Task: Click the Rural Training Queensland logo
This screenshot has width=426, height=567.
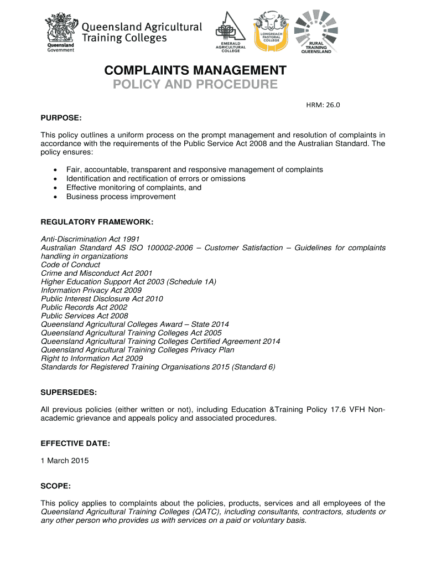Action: pos(316,32)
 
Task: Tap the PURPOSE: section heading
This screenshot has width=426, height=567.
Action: pos(61,118)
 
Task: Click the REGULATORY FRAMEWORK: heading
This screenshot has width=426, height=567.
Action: pos(97,222)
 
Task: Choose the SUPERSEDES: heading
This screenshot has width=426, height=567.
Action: pos(69,393)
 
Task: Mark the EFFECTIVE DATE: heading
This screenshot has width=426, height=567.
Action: pos(75,444)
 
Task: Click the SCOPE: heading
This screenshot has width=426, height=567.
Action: pos(55,486)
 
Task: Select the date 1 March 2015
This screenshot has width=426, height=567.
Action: pos(65,461)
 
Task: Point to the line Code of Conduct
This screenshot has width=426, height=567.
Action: pos(70,265)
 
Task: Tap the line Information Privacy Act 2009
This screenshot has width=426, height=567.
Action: pos(91,290)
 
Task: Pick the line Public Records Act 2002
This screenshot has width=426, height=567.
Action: pos(84,307)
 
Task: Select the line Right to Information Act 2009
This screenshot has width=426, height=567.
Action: pos(92,358)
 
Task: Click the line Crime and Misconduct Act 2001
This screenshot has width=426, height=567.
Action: pos(96,273)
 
